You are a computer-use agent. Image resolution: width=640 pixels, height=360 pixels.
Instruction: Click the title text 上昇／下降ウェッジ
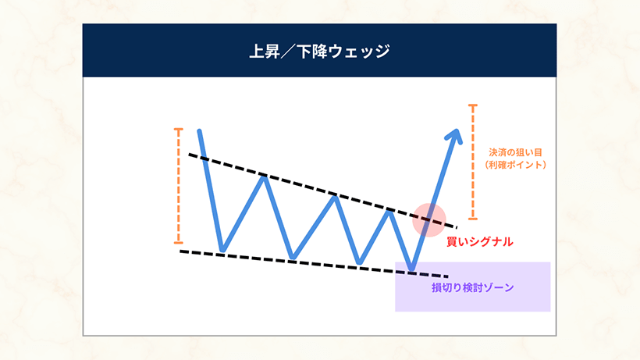(x=319, y=51)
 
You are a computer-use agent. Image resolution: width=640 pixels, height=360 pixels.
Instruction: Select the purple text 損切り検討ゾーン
(x=473, y=287)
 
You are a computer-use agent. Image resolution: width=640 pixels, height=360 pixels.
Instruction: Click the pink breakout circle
(x=428, y=219)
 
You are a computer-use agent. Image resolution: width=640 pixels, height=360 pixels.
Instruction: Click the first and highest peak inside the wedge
(x=265, y=177)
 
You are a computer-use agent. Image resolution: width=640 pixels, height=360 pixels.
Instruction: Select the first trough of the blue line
(x=222, y=251)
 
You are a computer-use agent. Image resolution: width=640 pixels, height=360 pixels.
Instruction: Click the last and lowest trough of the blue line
(x=412, y=269)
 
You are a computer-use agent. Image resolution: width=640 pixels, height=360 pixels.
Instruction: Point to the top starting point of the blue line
(x=201, y=130)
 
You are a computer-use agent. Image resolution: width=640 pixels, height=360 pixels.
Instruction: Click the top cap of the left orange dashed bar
(x=179, y=129)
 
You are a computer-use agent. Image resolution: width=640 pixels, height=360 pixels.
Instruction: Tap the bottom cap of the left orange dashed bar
(x=179, y=242)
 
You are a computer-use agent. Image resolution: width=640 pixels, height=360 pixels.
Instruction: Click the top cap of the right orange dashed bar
(x=472, y=105)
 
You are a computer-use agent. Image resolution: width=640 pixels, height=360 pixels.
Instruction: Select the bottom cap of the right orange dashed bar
(x=472, y=218)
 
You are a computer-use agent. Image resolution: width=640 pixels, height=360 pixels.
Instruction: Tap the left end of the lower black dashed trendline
(x=181, y=251)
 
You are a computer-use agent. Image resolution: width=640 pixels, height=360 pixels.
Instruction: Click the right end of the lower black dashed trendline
(x=447, y=276)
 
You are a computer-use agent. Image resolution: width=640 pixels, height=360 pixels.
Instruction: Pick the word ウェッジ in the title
(x=362, y=51)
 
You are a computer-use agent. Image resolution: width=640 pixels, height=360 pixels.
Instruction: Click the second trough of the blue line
(x=293, y=257)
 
